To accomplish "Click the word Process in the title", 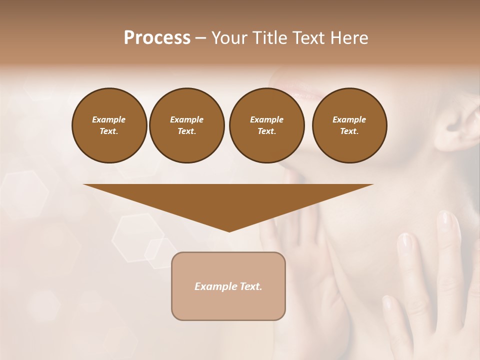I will tap(157, 38).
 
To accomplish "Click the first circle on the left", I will tap(109, 125).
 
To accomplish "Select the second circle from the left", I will tap(186, 125).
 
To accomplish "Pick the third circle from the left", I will tap(266, 125).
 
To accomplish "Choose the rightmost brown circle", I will tap(349, 125).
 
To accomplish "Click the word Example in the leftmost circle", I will tap(109, 119).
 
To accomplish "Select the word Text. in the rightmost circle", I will tap(349, 131).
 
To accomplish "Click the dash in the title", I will tap(200, 38).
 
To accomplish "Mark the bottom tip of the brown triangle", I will tap(229, 231).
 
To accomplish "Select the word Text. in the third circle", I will tap(266, 131).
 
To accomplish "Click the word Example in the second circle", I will tap(186, 119).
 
